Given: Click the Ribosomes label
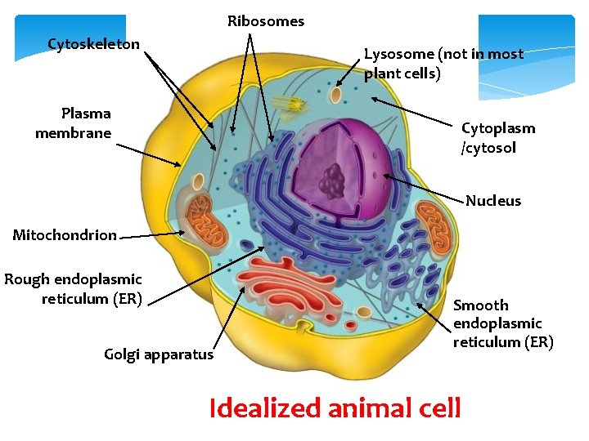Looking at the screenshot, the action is (x=265, y=21).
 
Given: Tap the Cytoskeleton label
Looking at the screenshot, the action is (x=93, y=43).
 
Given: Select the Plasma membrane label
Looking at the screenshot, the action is (x=74, y=122).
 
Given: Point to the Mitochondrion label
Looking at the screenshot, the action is (x=65, y=235).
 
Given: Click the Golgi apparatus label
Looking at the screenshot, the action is (x=159, y=354).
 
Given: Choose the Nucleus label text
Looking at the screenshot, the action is (x=493, y=201).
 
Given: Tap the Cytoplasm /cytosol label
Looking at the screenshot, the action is (x=498, y=138).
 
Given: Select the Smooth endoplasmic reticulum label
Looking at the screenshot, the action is (x=503, y=323).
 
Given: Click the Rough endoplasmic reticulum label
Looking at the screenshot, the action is (x=74, y=289).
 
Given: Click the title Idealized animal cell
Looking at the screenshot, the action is (x=335, y=408).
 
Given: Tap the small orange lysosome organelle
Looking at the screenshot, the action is (x=336, y=95).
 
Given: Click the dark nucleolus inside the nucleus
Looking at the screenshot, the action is (x=333, y=180).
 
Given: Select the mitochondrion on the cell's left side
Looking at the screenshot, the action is (x=205, y=221).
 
